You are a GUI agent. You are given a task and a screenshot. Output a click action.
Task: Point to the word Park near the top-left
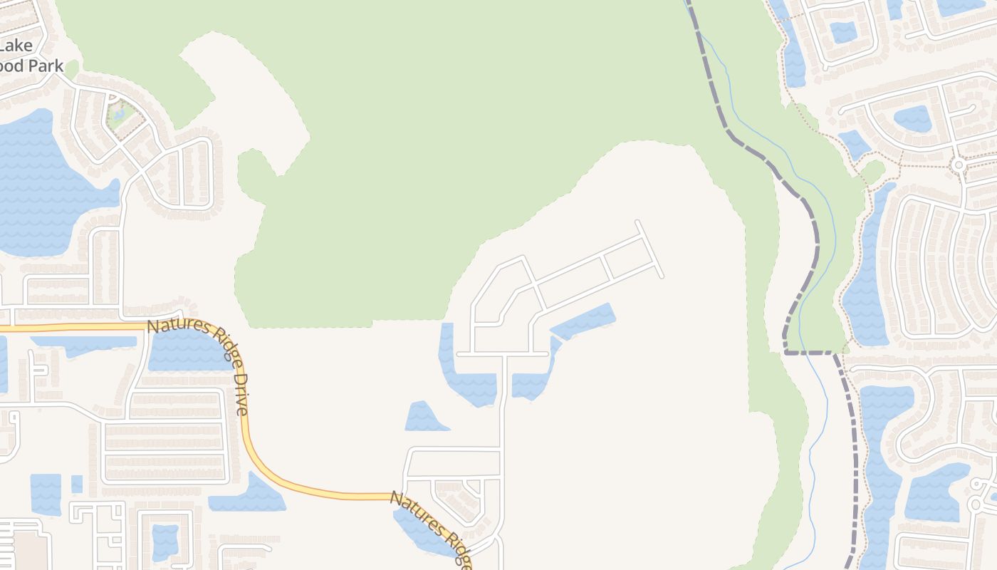46,66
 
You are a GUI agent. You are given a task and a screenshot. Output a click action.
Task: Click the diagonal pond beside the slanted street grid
583,322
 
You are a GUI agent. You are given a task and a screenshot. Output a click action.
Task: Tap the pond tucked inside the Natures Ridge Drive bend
187,351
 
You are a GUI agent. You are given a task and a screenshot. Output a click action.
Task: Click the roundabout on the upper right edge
959,165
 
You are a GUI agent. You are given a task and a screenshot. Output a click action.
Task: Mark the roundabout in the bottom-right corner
975,504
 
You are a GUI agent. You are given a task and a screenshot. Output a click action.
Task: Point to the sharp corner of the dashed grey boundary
785,351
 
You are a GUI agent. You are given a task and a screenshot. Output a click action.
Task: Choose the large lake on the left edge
43,185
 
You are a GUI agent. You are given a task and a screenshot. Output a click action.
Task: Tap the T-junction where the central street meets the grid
503,353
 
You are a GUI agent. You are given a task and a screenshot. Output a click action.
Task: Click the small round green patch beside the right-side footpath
872,172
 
